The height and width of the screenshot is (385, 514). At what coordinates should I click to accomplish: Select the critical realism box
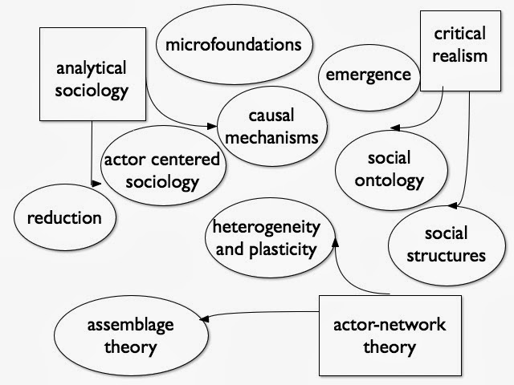point(460,45)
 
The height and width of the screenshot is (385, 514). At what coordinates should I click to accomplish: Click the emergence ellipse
point(368,75)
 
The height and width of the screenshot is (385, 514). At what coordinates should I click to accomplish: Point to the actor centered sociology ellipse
point(161,170)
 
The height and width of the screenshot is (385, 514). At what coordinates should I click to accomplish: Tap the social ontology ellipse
point(389,167)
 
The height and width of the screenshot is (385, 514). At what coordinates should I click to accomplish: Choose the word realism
point(460,56)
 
